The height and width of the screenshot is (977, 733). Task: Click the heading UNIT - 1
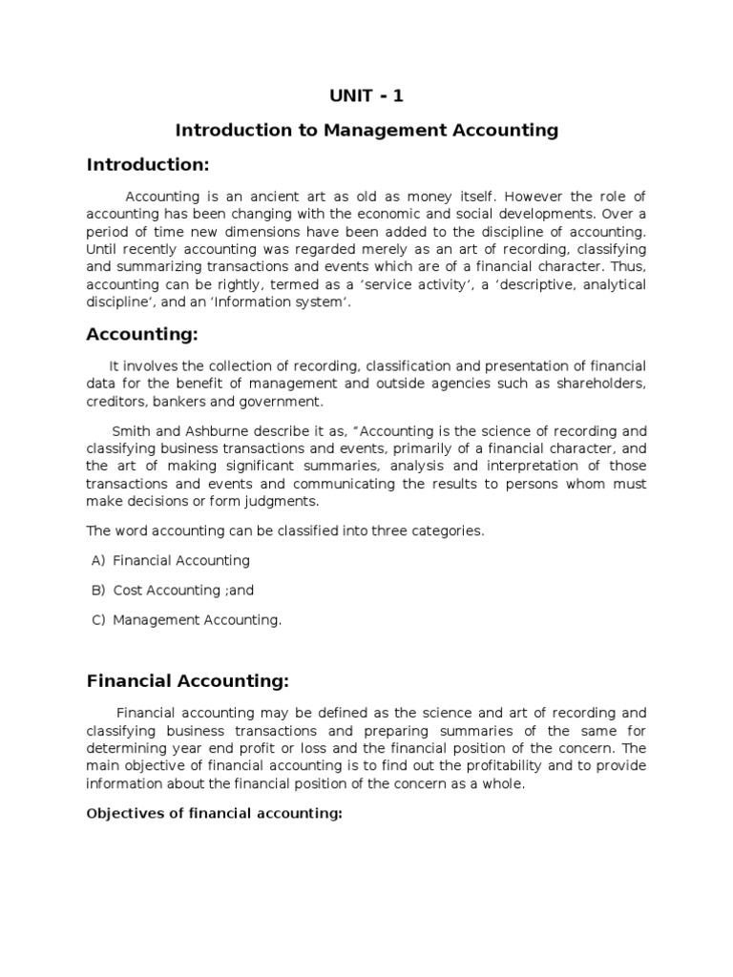[366, 95]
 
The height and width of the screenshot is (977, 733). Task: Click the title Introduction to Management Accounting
[366, 131]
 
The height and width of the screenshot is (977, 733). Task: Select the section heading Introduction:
[147, 165]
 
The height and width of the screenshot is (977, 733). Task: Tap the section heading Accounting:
[140, 334]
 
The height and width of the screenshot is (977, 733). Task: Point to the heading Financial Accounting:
[186, 681]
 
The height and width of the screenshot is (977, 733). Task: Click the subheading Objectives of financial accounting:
[214, 814]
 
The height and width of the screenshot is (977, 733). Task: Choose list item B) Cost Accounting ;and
[183, 590]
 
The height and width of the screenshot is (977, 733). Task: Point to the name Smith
[130, 430]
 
